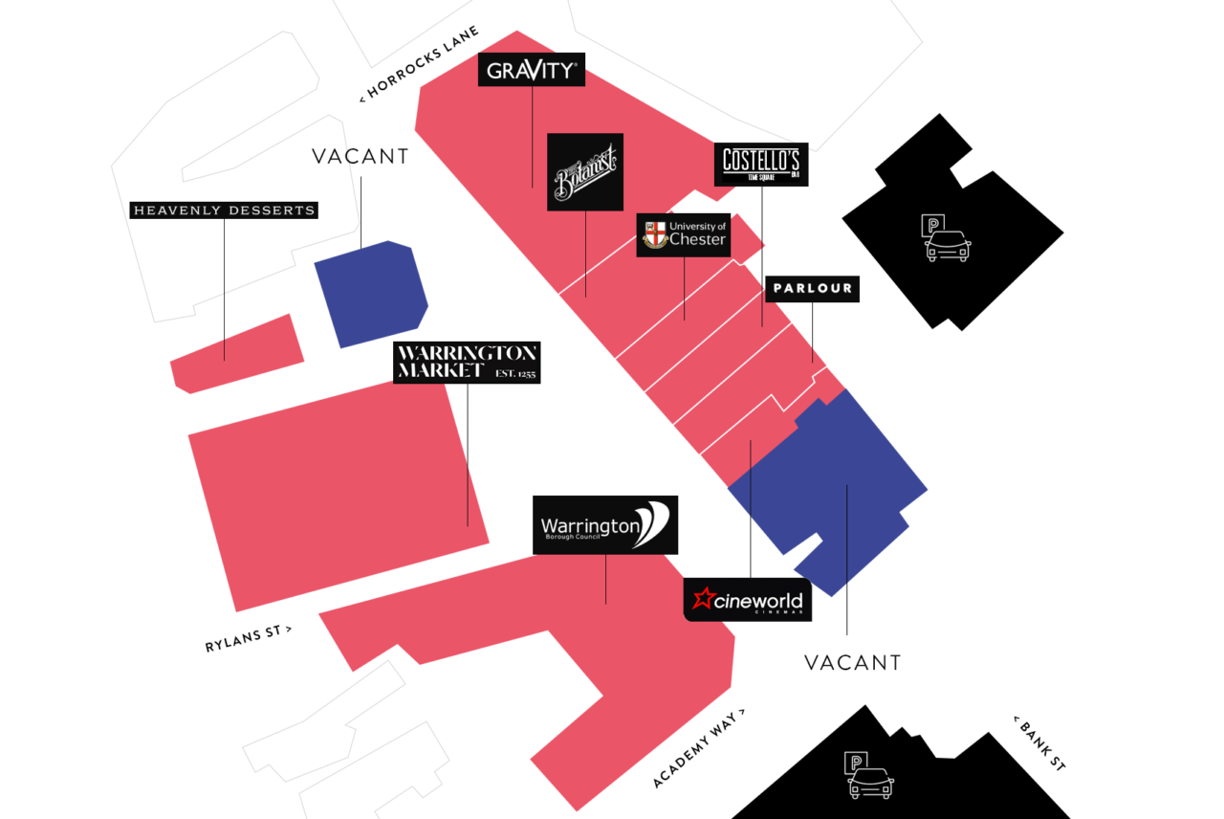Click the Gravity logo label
531,70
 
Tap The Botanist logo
585,172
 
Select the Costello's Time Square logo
761,165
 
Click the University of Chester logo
684,234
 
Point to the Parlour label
812,288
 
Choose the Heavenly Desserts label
224,210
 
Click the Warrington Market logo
467,363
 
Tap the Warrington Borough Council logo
605,524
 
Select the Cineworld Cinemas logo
748,600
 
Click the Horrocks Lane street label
418,64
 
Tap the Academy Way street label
698,748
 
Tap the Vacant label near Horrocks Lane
361,157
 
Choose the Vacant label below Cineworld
852,662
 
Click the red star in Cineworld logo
705,599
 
